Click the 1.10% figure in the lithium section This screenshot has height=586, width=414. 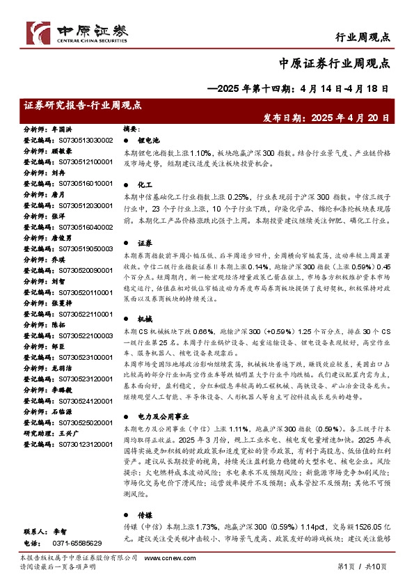click(x=200, y=152)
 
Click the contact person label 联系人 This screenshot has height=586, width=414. click(x=35, y=531)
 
